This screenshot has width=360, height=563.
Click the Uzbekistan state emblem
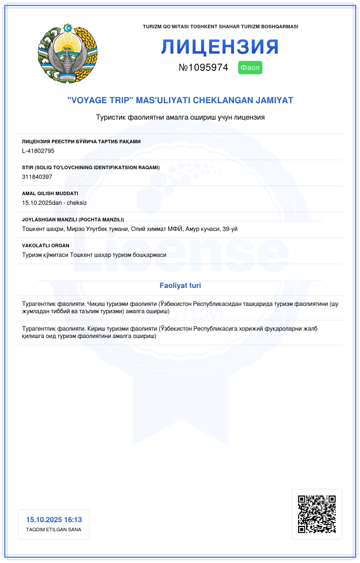pyautogui.click(x=67, y=53)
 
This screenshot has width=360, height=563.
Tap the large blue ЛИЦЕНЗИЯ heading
pyautogui.click(x=220, y=47)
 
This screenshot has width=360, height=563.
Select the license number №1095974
pyautogui.click(x=203, y=67)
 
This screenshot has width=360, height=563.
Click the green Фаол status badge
pyautogui.click(x=250, y=68)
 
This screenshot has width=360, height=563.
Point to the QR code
pyautogui.click(x=317, y=514)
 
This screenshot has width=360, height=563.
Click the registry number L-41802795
pyautogui.click(x=38, y=151)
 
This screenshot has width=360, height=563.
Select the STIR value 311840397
pyautogui.click(x=37, y=177)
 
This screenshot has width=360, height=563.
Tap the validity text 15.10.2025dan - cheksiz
pyautogui.click(x=54, y=203)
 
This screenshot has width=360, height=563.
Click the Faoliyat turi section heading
pyautogui.click(x=180, y=285)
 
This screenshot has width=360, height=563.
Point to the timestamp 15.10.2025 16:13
pyautogui.click(x=54, y=520)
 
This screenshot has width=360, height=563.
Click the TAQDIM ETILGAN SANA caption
pyautogui.click(x=53, y=530)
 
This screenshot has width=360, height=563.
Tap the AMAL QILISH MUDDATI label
pyautogui.click(x=50, y=194)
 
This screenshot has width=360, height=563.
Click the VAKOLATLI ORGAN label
pyautogui.click(x=45, y=245)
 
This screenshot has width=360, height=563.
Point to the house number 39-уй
pyautogui.click(x=230, y=229)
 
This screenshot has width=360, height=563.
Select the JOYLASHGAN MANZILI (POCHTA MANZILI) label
pyautogui.click(x=73, y=220)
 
